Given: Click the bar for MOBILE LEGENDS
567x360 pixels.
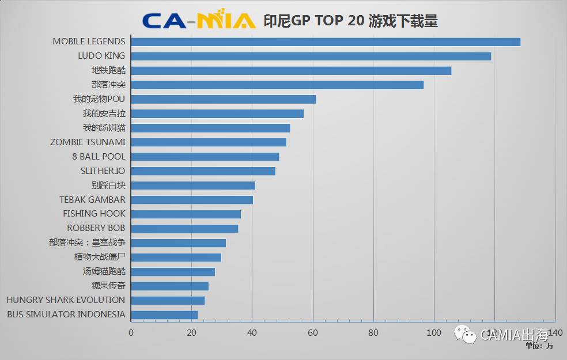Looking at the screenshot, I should (x=326, y=41).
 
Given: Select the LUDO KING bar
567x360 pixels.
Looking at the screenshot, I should (x=311, y=56).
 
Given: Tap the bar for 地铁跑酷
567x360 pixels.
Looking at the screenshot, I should (x=291, y=70).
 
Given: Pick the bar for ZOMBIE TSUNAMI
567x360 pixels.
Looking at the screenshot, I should (x=209, y=142).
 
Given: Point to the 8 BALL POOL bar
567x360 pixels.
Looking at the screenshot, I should (x=205, y=157).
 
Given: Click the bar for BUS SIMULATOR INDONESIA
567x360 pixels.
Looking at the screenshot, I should (x=164, y=314).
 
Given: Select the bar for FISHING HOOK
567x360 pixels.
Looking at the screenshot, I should (x=186, y=214).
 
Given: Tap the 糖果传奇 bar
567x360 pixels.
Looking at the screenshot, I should (x=170, y=286).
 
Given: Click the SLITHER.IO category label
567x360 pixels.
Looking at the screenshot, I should (x=103, y=171).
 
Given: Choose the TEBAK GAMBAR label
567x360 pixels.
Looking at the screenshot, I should (x=92, y=200).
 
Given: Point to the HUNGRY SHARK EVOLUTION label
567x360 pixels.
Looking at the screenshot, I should (x=66, y=300).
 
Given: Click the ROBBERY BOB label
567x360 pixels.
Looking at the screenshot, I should (x=96, y=228).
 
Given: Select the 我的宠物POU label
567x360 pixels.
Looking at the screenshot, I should (x=99, y=99).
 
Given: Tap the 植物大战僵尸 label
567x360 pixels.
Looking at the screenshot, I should (x=100, y=257).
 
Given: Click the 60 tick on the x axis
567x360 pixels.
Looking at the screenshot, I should (x=313, y=333).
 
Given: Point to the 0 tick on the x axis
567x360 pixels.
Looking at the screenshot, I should (x=131, y=333).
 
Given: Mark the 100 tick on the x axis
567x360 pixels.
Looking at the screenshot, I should (x=434, y=333).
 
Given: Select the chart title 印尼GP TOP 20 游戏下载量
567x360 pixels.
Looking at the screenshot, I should (x=350, y=21).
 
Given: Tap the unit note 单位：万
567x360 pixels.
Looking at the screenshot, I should (x=539, y=346).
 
